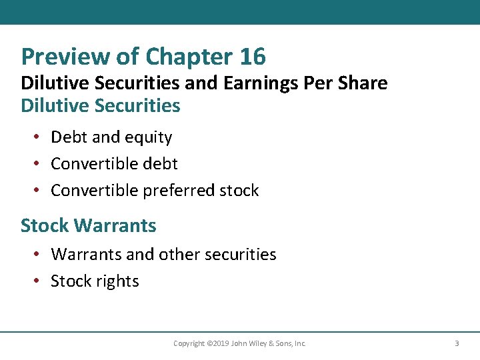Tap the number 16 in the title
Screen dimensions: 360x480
253,57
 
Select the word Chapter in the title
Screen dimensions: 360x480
187,57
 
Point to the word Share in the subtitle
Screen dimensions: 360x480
364,83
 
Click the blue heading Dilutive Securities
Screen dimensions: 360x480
101,105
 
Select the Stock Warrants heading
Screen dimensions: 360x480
89,225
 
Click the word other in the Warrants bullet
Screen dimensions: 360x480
165,254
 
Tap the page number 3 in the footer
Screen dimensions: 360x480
457,343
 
